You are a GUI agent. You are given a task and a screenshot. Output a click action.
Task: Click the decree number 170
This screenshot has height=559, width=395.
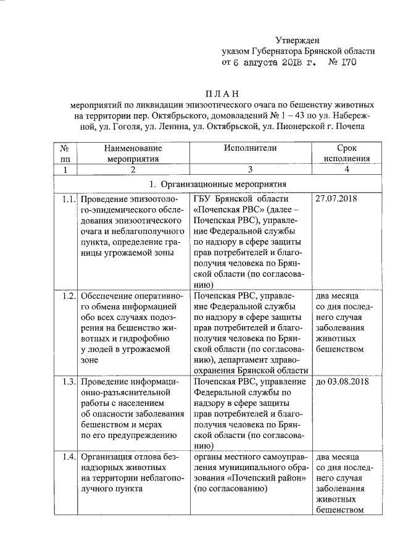coord(347,62)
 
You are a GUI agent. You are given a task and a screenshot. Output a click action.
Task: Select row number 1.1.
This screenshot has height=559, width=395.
coord(68,199)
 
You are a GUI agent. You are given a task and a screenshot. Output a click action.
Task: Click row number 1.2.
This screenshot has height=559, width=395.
coord(68,296)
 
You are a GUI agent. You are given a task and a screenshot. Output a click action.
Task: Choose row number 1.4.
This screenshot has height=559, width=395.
coord(68,458)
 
